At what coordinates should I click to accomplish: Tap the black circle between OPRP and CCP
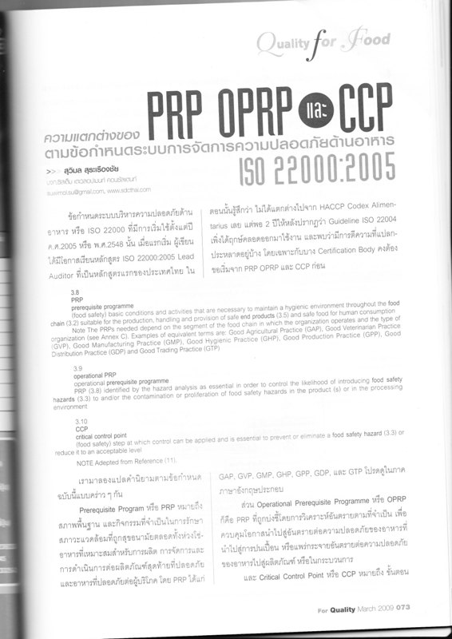tap(317, 110)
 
